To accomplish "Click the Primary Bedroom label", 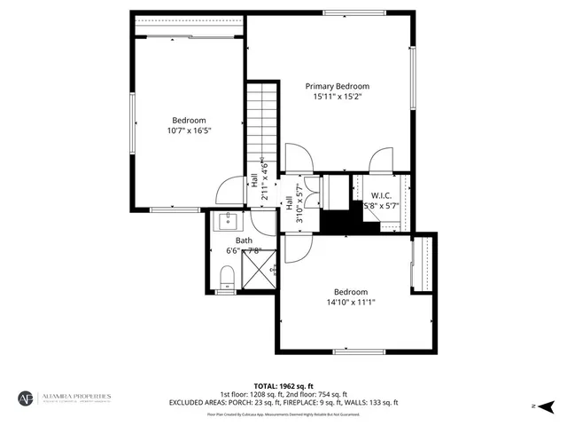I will (337, 86).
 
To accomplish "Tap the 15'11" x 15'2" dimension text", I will (337, 97).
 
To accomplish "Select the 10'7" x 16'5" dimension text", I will (189, 130).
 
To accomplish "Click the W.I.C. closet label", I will (381, 195).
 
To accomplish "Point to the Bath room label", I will (244, 241).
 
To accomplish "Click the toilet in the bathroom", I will (225, 282).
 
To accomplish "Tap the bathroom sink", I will (225, 219).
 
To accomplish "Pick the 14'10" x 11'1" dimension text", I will (350, 302).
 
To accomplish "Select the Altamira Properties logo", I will (66, 398).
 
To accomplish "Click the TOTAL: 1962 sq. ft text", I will (283, 386).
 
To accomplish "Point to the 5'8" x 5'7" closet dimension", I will (381, 205).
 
